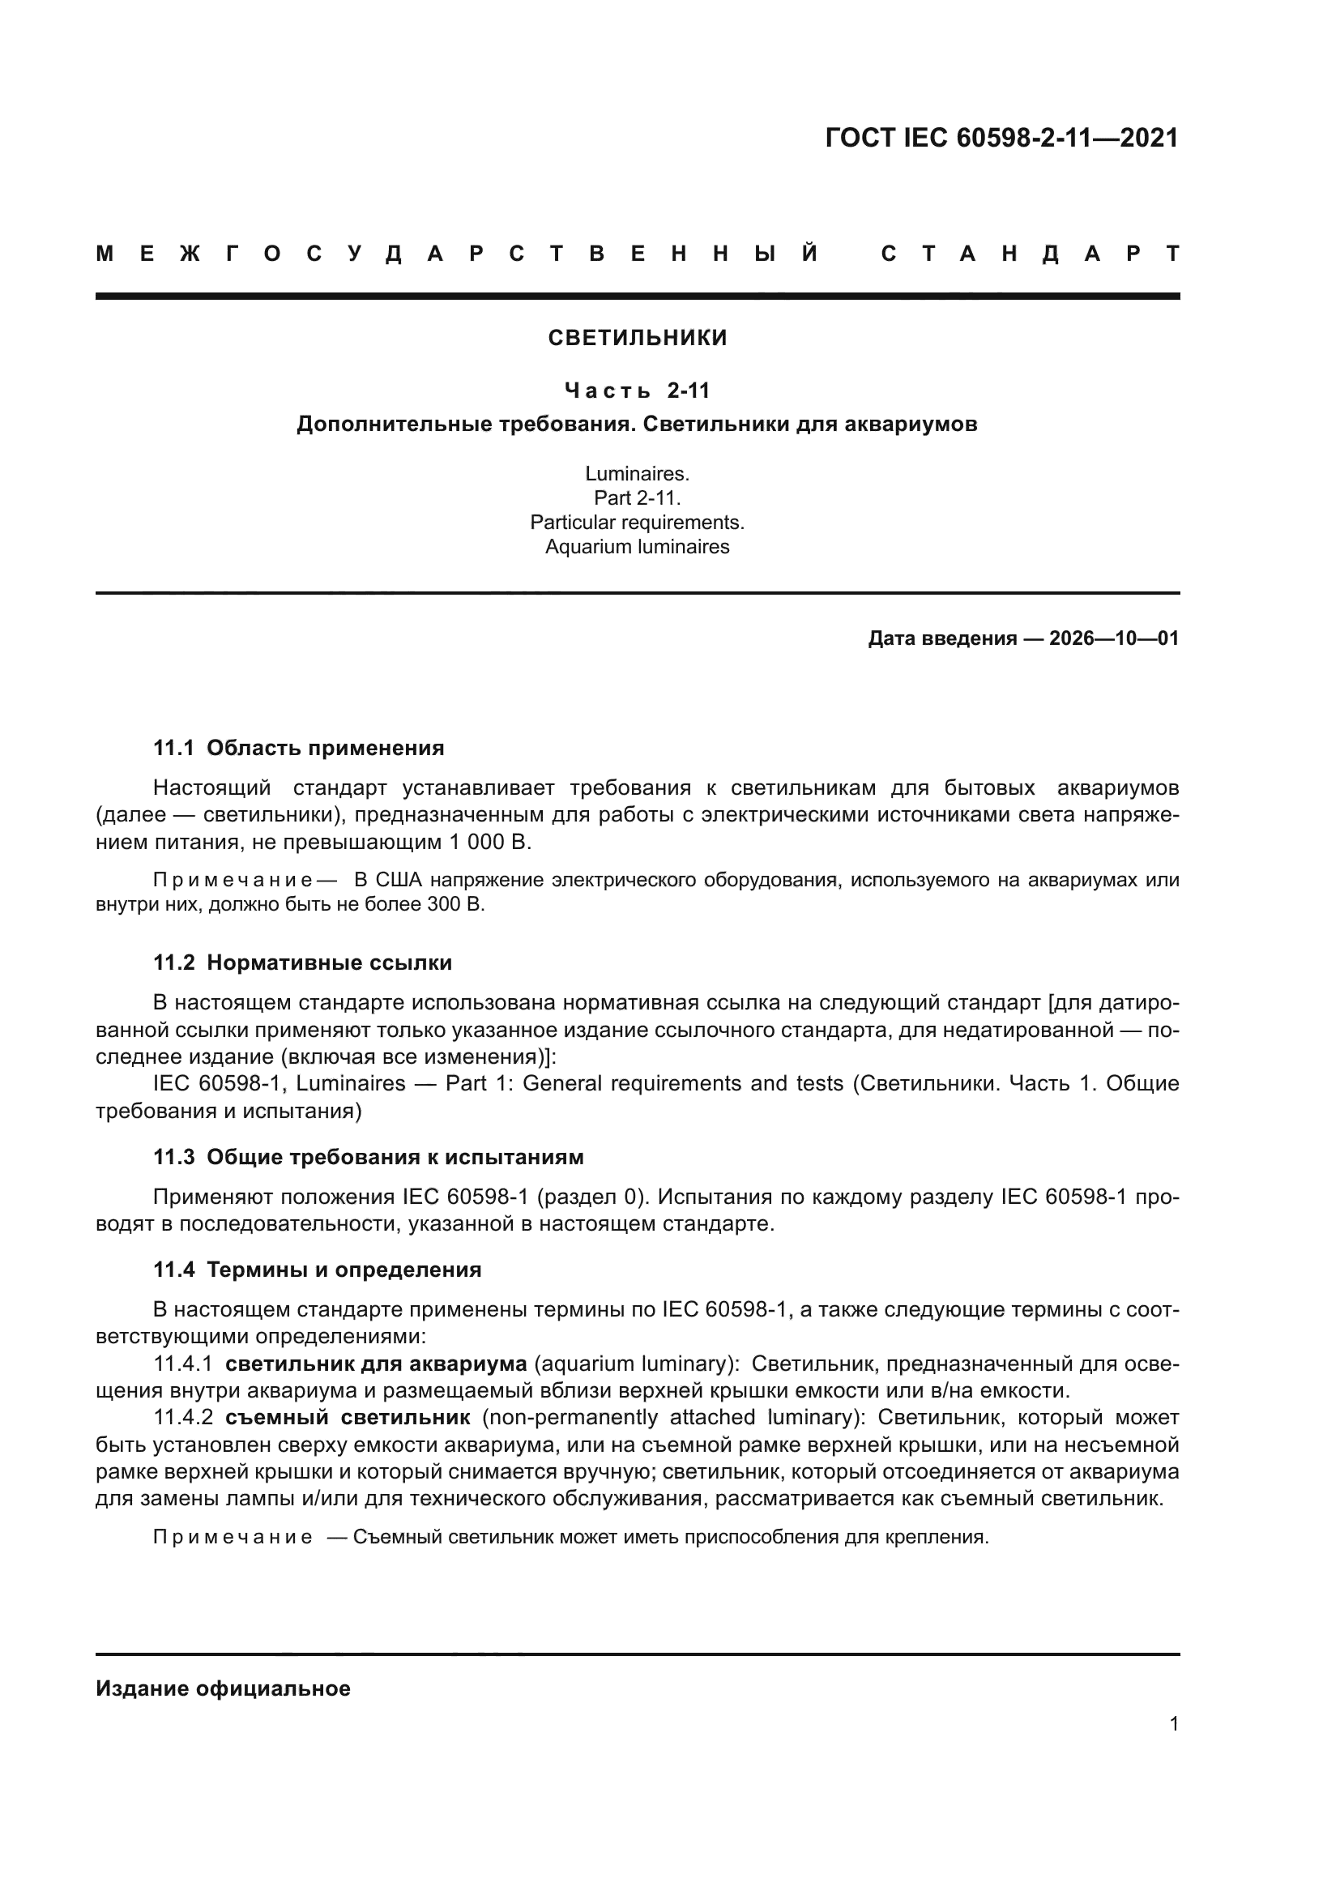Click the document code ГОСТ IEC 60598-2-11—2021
(x=1001, y=138)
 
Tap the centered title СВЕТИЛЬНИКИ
(x=637, y=338)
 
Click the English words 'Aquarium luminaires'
(x=637, y=546)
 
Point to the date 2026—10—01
(x=1113, y=638)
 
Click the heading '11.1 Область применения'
(x=298, y=748)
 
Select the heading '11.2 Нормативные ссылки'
(x=302, y=962)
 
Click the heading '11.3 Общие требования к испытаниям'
(x=368, y=1157)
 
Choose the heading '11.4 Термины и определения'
(x=317, y=1270)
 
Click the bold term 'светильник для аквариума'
(x=375, y=1364)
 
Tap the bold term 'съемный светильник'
(x=348, y=1417)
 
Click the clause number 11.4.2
(x=183, y=1417)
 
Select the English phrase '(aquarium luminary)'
(x=636, y=1364)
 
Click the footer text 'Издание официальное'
(x=223, y=1688)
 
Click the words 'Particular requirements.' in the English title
(x=637, y=523)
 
